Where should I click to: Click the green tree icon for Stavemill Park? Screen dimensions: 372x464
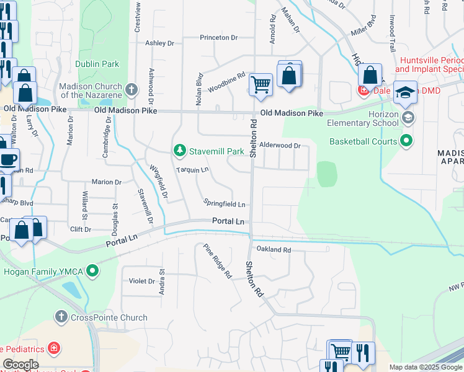pos(179,151)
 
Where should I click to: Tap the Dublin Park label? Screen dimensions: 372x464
pos(97,64)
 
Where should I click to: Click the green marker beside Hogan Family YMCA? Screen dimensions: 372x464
pos(92,270)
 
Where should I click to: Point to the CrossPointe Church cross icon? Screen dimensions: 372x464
pos(61,317)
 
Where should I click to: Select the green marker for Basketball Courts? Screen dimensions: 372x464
pos(406,141)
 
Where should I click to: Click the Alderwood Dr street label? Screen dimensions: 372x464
pos(280,146)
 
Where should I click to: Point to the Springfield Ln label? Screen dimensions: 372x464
pos(225,203)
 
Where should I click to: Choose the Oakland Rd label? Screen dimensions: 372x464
pos(274,250)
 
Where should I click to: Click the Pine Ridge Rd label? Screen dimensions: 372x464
pos(217,260)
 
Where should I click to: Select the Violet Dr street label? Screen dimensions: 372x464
pos(141,281)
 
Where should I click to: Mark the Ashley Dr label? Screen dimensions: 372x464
pos(159,43)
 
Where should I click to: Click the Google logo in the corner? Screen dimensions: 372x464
pos(20,365)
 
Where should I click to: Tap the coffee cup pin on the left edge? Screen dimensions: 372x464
pos(8,159)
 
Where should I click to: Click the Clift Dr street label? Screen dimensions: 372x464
pos(81,229)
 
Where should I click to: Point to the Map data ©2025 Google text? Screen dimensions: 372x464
pos(425,367)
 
